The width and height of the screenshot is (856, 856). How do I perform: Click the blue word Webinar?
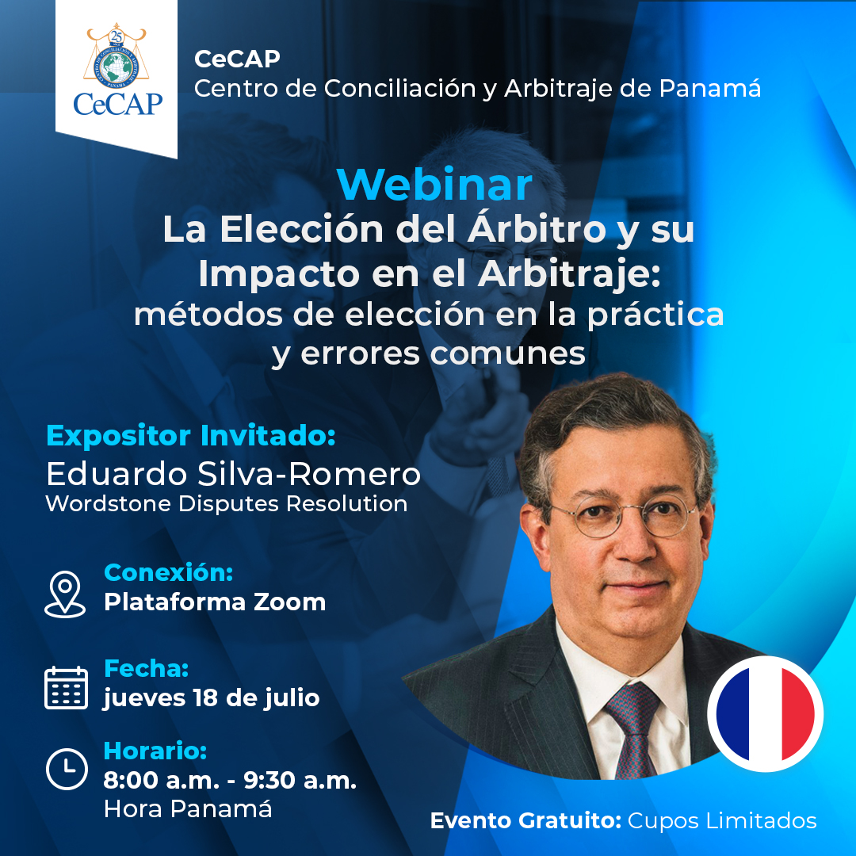click(x=434, y=185)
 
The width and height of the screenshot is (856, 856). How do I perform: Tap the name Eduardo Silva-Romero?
click(x=233, y=474)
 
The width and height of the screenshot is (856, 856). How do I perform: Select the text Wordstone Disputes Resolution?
click(x=227, y=504)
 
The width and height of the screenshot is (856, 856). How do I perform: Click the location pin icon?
click(x=65, y=594)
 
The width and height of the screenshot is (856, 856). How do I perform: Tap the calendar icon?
click(x=66, y=688)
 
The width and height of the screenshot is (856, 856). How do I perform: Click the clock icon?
click(x=67, y=769)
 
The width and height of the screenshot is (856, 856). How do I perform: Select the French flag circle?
click(x=765, y=714)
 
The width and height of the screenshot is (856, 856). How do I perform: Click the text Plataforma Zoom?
click(x=215, y=602)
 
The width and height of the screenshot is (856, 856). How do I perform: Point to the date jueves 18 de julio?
click(x=212, y=698)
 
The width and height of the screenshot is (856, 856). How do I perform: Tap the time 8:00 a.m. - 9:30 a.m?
click(x=230, y=781)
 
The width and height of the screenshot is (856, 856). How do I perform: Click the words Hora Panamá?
click(x=188, y=809)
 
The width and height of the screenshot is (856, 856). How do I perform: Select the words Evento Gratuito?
click(x=525, y=820)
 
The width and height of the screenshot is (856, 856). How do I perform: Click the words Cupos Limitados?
click(x=722, y=820)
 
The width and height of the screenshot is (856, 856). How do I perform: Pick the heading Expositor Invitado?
click(x=190, y=436)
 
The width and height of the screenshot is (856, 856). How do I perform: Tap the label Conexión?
click(x=169, y=573)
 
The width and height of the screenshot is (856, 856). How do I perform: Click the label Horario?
click(x=155, y=751)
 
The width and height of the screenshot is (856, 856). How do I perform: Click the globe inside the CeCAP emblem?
click(x=117, y=67)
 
